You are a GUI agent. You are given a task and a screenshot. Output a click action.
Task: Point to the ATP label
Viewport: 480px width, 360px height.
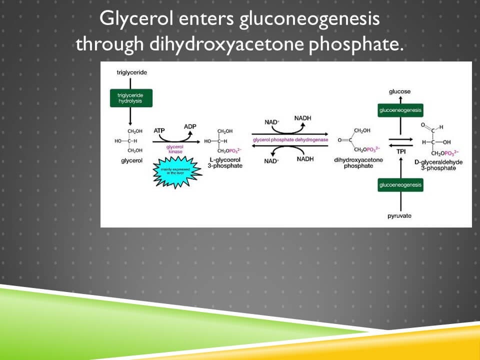[159, 130]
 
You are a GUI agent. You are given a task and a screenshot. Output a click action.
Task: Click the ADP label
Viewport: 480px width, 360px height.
[190, 126]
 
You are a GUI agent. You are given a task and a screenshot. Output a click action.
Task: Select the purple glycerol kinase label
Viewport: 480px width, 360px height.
[175, 149]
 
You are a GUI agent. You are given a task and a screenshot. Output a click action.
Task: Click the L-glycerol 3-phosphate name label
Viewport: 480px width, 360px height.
[224, 162]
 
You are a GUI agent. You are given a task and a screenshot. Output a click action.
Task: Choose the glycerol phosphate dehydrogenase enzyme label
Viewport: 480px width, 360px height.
[290, 140]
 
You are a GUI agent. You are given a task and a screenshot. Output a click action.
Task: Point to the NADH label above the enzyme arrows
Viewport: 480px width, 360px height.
[302, 118]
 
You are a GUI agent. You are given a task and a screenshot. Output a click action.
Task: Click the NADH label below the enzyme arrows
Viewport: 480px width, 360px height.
[304, 159]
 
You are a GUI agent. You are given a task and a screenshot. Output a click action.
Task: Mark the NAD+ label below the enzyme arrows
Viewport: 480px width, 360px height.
[271, 160]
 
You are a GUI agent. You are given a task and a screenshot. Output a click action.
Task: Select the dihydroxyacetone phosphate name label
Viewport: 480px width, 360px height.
[358, 162]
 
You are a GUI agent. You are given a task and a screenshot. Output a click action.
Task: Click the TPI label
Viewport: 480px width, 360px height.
[401, 151]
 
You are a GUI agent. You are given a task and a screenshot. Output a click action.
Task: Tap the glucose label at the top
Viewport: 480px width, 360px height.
[400, 91]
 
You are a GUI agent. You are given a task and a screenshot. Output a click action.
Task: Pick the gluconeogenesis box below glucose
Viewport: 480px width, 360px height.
[400, 110]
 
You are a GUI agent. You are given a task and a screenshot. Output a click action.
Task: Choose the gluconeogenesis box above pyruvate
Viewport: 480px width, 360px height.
[400, 185]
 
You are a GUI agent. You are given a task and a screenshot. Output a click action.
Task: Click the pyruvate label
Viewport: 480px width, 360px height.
[400, 215]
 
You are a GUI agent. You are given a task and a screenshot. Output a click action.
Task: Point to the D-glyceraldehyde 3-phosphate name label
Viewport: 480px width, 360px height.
[438, 165]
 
